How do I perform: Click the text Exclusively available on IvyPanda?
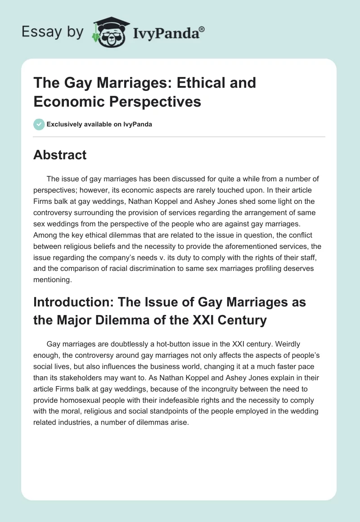click(99, 124)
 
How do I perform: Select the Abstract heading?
click(60, 155)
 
